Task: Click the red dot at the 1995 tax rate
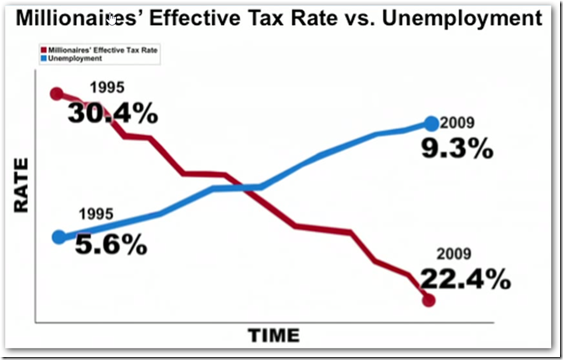56,94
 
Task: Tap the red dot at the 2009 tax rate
428,299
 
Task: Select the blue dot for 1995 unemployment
59,237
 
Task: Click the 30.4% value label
112,114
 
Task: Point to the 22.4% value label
466,278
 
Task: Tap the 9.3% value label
458,148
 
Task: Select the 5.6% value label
111,245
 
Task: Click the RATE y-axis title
23,186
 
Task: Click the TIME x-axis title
273,335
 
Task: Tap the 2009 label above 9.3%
457,123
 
